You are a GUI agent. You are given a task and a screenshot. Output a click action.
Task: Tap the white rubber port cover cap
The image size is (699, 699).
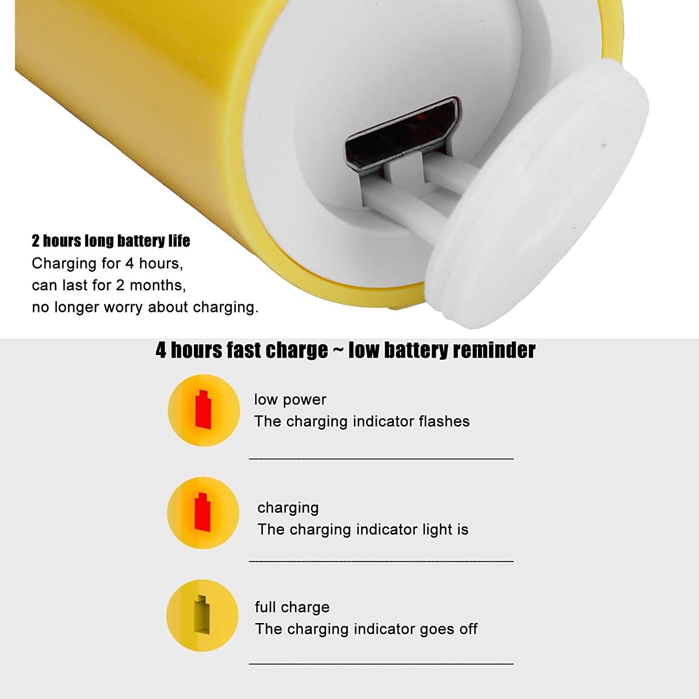pyautogui.click(x=536, y=193)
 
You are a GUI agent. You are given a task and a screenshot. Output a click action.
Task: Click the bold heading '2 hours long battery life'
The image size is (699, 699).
pyautogui.click(x=111, y=240)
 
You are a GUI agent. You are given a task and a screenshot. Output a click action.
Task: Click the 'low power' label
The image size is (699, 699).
pyautogui.click(x=290, y=400)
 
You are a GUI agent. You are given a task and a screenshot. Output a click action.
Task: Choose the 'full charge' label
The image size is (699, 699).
pyautogui.click(x=292, y=607)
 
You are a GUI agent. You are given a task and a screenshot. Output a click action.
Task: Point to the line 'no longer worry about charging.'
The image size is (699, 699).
pyautogui.click(x=145, y=307)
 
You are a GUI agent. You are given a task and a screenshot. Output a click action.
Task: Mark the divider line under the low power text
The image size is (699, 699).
pyautogui.click(x=381, y=459)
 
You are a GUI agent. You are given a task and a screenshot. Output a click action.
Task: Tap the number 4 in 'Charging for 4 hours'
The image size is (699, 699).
pyautogui.click(x=130, y=264)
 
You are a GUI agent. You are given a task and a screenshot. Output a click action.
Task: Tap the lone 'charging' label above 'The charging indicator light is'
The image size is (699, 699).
pyautogui.click(x=288, y=507)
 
